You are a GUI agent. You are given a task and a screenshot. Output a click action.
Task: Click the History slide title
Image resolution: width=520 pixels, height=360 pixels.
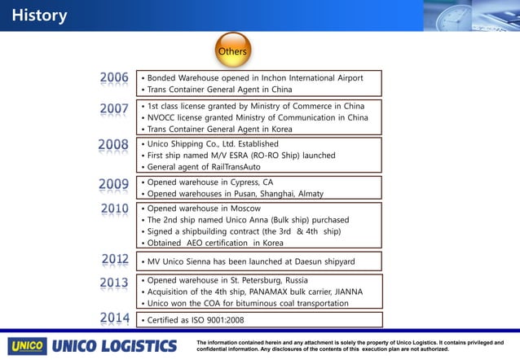pyautogui.click(x=39, y=15)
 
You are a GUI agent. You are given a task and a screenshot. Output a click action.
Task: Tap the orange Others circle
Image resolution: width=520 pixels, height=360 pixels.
pyautogui.click(x=232, y=51)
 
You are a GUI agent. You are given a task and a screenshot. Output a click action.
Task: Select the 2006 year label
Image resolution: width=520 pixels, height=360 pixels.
pyautogui.click(x=114, y=78)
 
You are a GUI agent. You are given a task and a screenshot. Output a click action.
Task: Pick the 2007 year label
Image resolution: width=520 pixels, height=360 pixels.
pyautogui.click(x=114, y=108)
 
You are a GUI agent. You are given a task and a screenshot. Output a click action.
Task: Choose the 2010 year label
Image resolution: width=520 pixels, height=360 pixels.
pyautogui.click(x=114, y=209)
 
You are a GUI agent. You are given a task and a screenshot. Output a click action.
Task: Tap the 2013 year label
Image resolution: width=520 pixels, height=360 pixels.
pyautogui.click(x=114, y=283)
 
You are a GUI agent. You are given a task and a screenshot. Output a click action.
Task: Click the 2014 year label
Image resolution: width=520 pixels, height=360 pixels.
pyautogui.click(x=114, y=318)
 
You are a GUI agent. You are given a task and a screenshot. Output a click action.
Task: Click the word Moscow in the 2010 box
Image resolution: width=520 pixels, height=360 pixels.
pyautogui.click(x=244, y=209)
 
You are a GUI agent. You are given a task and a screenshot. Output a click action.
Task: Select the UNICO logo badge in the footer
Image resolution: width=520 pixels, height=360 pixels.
pyautogui.click(x=27, y=345)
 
